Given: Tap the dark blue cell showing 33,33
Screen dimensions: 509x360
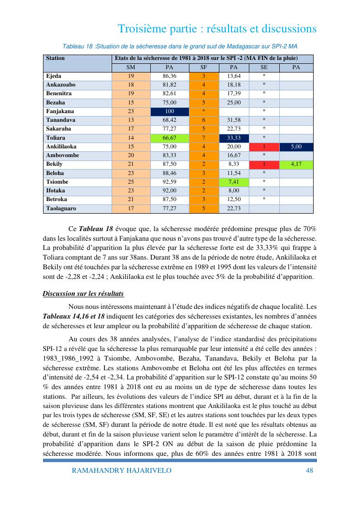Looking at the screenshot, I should [233, 138].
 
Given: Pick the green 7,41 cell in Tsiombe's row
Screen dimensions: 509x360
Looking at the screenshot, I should [233, 182].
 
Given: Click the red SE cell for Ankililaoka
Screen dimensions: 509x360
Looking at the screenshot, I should [264, 146].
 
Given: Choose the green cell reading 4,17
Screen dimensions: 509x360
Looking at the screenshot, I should [296, 164].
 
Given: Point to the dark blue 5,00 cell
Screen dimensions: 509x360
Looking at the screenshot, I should [296, 146].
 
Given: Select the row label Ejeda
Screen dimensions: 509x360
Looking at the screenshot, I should [54, 76].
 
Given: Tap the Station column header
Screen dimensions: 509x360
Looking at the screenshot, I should [55, 58].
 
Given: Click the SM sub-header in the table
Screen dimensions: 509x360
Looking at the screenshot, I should [130, 67].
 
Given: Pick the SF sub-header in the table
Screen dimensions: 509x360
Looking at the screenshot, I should [204, 67].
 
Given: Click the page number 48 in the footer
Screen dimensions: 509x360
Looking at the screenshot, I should [310, 470].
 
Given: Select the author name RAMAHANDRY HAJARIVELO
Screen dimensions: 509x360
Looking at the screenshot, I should [121, 470].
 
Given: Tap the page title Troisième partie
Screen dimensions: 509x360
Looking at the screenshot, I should [217, 29].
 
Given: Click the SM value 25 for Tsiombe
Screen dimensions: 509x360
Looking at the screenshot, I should [130, 182].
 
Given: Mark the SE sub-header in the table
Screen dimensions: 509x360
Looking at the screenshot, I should [264, 67].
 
